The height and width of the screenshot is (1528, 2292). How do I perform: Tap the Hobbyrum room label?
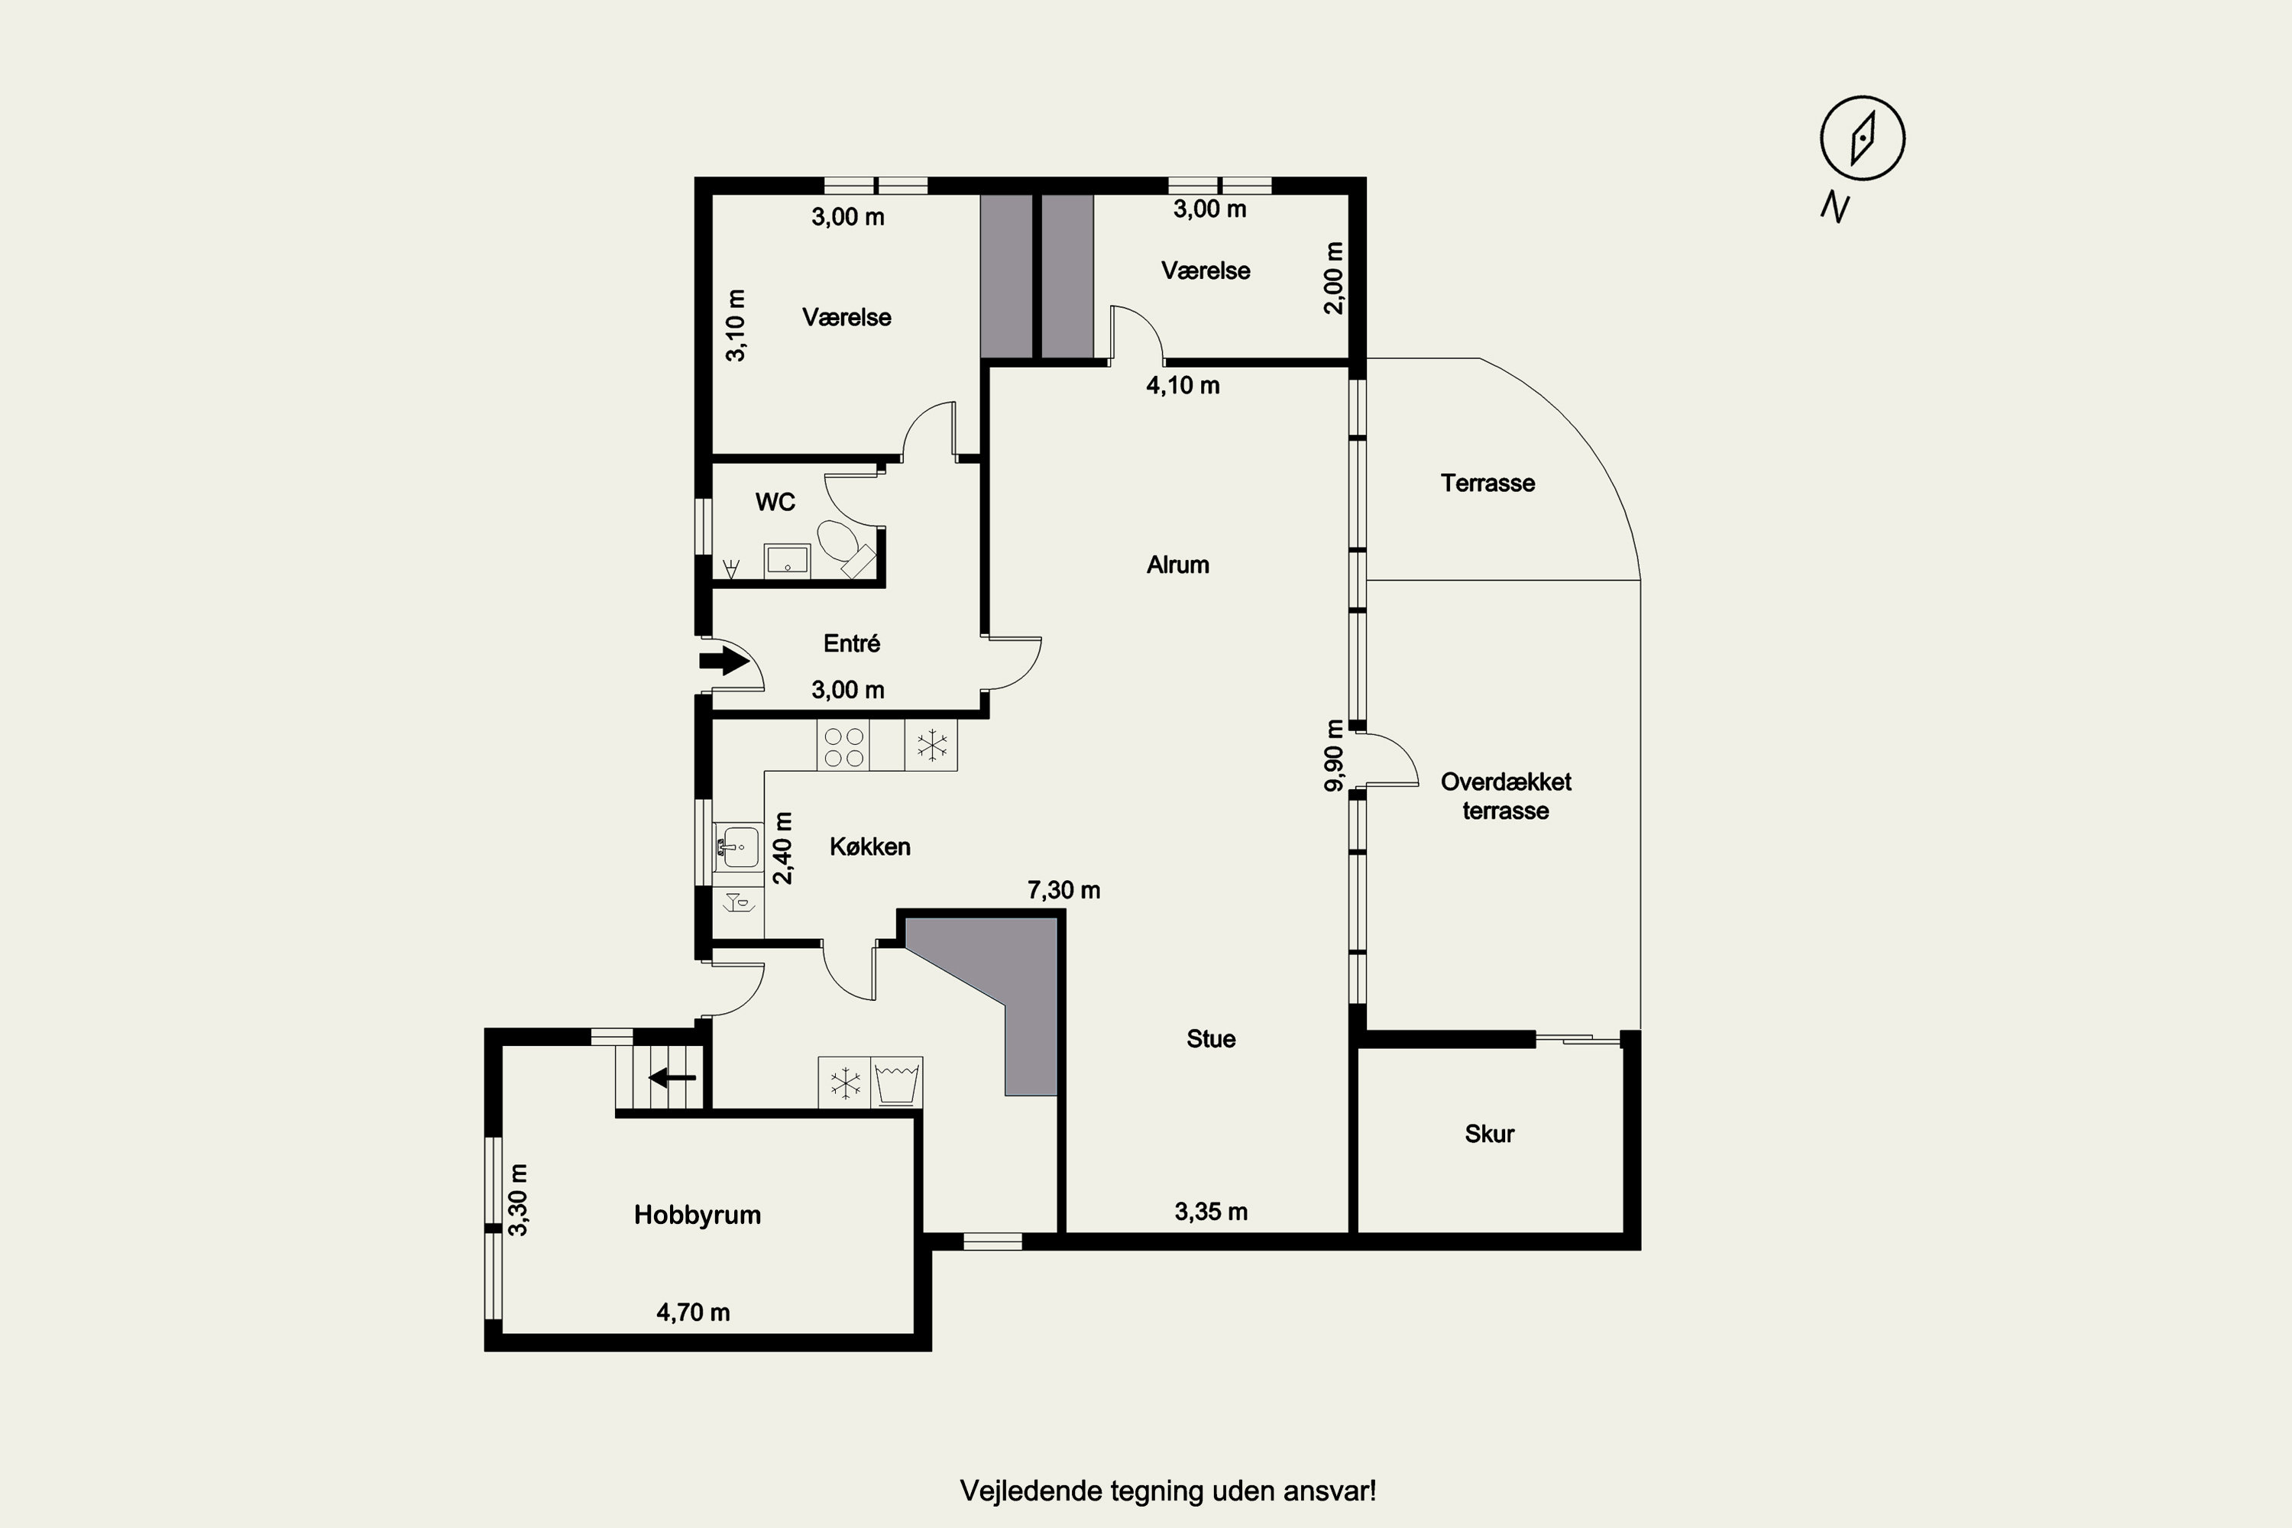697,1216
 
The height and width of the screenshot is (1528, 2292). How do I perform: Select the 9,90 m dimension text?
1334,756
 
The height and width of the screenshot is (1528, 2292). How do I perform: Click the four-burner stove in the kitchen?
844,746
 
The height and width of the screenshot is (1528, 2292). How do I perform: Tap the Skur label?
1489,1133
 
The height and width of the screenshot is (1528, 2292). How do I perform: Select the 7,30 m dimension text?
1064,890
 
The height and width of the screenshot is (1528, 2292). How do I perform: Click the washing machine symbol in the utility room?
896,1082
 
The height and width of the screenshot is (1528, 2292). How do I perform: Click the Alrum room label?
1178,565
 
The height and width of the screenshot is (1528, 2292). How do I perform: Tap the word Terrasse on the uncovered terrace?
1488,484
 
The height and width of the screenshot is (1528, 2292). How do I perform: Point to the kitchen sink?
738,846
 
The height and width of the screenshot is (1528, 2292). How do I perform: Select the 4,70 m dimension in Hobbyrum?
693,1313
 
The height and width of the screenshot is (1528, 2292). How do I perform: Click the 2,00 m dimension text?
1334,278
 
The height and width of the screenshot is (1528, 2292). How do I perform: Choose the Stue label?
1211,1039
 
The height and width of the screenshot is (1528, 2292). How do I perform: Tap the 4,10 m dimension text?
1183,385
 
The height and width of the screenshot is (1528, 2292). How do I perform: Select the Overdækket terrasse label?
1506,796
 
